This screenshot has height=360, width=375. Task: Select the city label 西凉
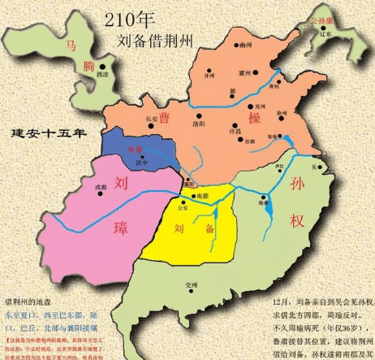click(x=103, y=74)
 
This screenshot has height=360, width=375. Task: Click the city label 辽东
click(x=326, y=34)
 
